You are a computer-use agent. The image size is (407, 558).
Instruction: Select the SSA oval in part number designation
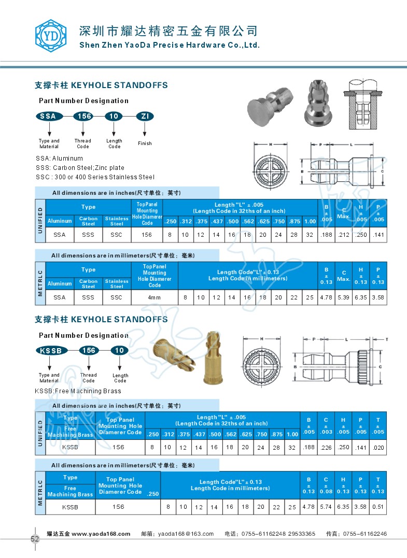[x=49, y=116]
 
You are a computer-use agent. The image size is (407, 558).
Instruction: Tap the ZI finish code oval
[x=145, y=116]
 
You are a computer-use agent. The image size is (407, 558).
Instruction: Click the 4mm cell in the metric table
[x=155, y=297]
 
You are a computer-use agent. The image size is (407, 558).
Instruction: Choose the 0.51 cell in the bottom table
[x=378, y=507]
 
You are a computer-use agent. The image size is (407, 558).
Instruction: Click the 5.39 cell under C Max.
[x=343, y=297]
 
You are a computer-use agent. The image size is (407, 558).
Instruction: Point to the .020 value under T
[x=378, y=447]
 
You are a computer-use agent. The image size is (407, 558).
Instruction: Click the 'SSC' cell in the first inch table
[x=117, y=234]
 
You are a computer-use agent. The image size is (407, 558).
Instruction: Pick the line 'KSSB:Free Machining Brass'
[x=78, y=391]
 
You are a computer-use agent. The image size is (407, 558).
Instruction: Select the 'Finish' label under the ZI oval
[x=145, y=144]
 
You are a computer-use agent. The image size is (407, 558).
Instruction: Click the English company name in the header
[x=169, y=45]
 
